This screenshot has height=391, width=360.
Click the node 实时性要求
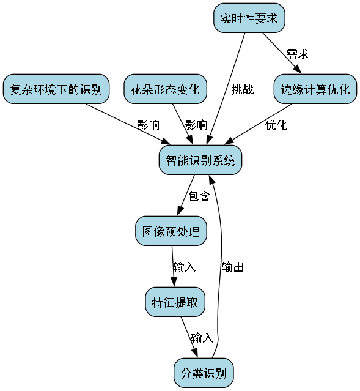[249, 18]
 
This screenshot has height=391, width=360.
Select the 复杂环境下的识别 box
[56, 89]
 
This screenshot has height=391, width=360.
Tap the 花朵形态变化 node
[164, 89]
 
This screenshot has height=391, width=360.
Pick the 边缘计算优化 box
[315, 89]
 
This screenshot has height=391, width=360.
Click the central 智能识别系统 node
[200, 160]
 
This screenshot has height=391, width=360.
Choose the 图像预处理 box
[171, 232]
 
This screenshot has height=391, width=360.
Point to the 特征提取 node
[174, 302]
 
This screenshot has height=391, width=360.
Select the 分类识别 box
[203, 373]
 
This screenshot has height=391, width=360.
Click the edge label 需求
[297, 54]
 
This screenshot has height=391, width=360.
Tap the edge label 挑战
[242, 89]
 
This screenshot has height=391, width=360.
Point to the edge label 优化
[276, 125]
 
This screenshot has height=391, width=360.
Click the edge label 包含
[199, 196]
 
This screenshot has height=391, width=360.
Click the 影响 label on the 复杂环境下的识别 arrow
[148, 125]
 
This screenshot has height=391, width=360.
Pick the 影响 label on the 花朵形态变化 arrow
[196, 125]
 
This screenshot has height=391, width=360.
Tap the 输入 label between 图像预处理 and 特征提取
[184, 267]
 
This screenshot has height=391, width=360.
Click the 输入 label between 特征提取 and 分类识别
[202, 338]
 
